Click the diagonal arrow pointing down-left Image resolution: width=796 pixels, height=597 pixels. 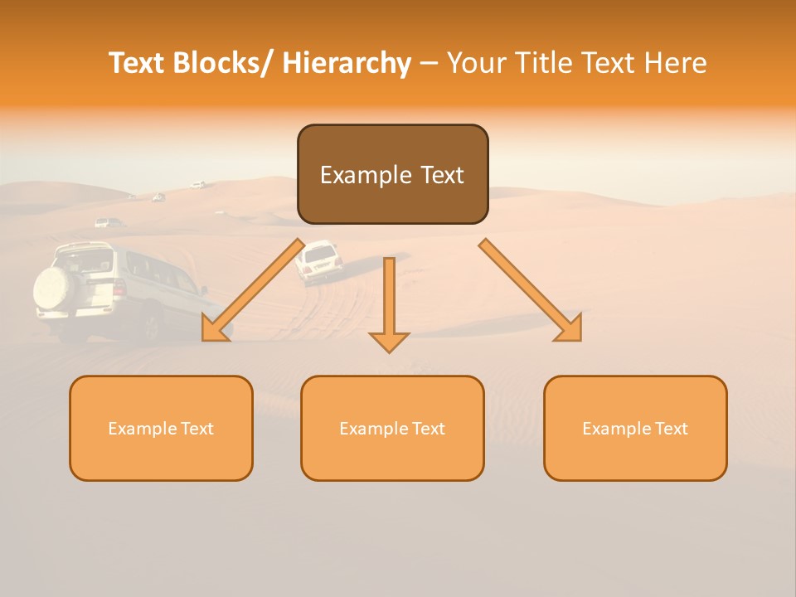click(x=253, y=290)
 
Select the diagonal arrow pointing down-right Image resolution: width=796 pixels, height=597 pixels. click(x=531, y=290)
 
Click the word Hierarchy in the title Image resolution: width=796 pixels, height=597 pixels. click(x=347, y=63)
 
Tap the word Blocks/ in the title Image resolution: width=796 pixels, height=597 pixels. click(x=225, y=63)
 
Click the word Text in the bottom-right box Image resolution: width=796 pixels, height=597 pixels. click(x=670, y=429)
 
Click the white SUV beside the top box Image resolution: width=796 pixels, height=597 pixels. click(x=318, y=261)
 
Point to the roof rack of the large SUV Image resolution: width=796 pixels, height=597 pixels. click(x=83, y=247)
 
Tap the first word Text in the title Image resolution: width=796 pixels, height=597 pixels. click(x=138, y=63)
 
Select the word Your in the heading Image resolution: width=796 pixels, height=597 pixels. click(x=476, y=63)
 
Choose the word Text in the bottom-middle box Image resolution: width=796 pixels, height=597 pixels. click(x=427, y=429)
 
